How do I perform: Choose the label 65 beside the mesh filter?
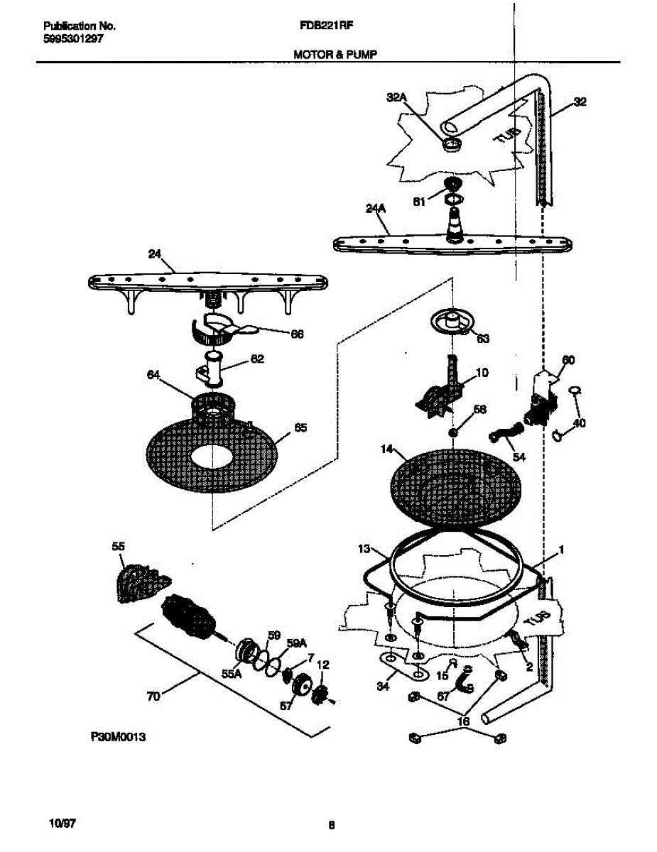pyautogui.click(x=301, y=427)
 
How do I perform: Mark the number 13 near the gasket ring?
pyautogui.click(x=364, y=549)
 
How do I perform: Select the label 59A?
pyautogui.click(x=297, y=643)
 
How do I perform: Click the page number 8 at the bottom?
pyautogui.click(x=331, y=825)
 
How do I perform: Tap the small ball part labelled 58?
pyautogui.click(x=451, y=432)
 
